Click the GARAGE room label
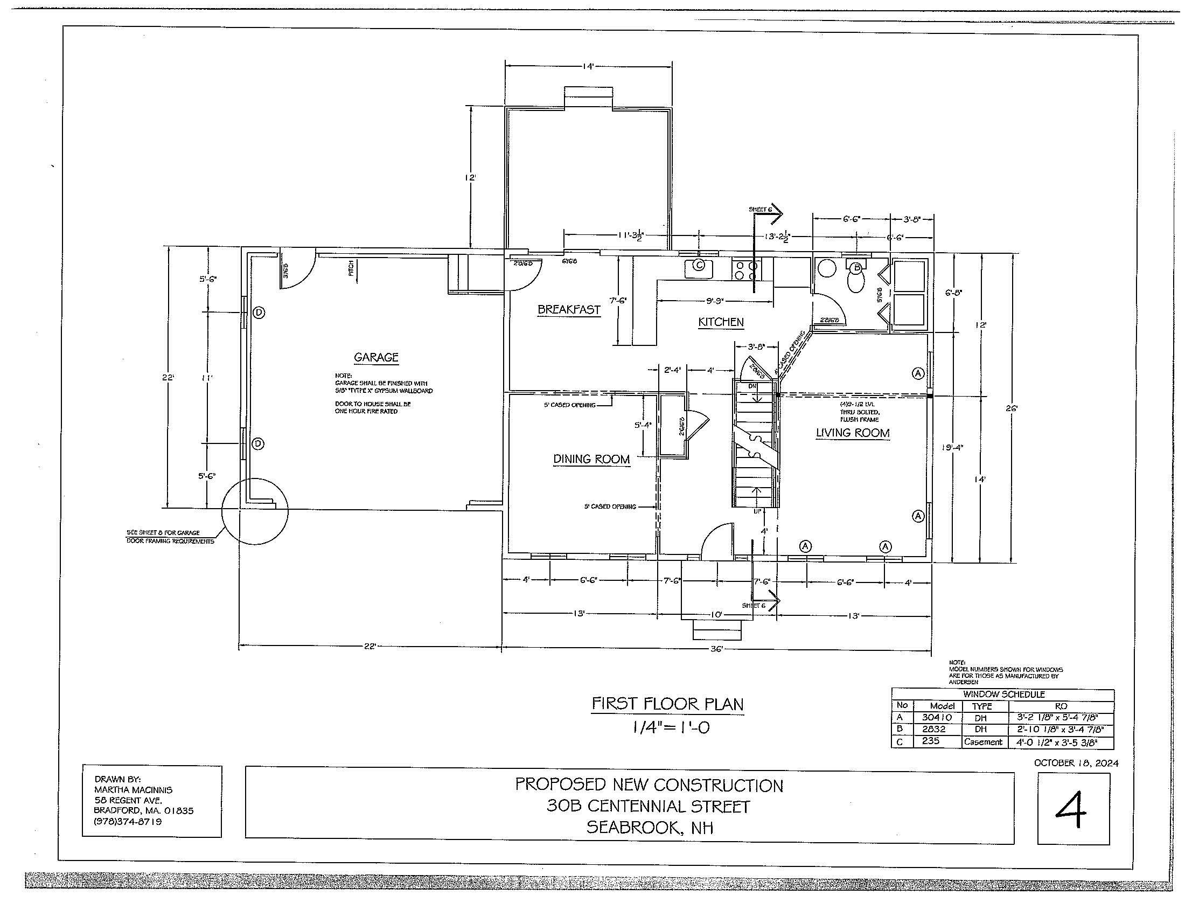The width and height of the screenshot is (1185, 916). (x=376, y=357)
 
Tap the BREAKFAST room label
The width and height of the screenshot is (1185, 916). (x=569, y=310)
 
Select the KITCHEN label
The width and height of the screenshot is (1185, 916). (x=721, y=322)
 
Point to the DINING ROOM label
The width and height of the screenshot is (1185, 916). (x=591, y=459)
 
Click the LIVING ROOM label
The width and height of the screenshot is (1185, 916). (x=853, y=433)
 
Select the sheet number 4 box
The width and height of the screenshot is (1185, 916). (x=1072, y=808)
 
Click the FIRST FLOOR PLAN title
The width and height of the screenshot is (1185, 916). (x=667, y=704)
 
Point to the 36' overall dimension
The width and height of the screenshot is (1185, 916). (x=717, y=650)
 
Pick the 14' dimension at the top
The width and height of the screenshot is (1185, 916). (x=588, y=66)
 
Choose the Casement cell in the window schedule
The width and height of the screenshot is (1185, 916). (x=982, y=742)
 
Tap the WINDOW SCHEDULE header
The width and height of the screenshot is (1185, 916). (x=1004, y=694)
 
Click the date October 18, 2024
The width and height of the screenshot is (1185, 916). (x=1076, y=762)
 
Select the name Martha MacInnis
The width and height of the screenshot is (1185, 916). (x=133, y=790)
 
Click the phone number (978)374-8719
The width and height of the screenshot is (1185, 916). (x=128, y=822)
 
